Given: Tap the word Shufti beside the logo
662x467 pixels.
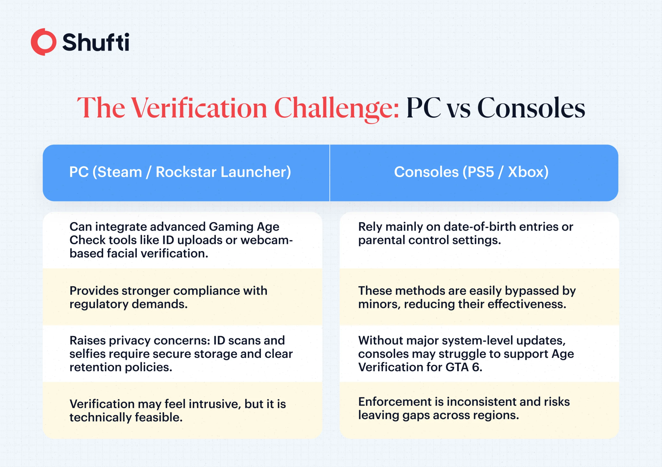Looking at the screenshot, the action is click(x=96, y=42).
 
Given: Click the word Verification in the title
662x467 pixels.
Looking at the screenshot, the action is click(x=199, y=108).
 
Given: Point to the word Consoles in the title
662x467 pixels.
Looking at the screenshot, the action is click(x=531, y=108).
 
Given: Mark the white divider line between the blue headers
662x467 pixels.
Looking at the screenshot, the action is click(x=329, y=173).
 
